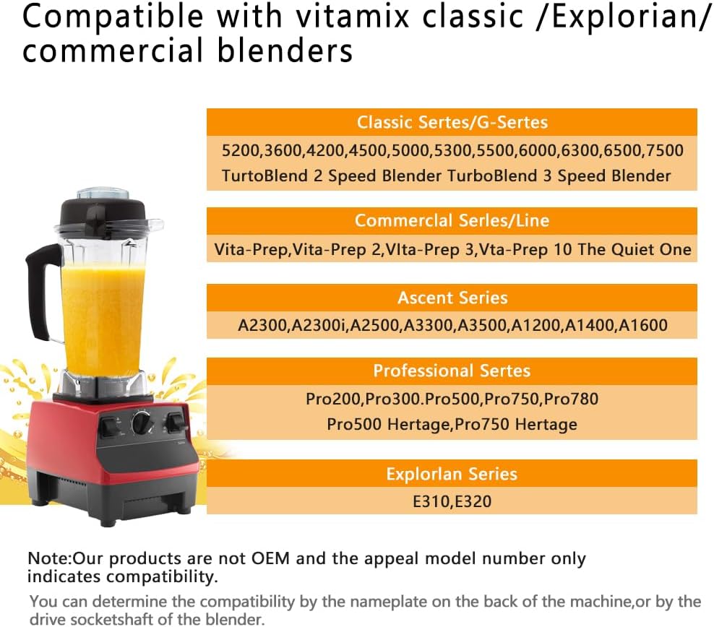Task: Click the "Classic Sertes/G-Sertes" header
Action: click(452, 122)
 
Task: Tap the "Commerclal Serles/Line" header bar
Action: click(452, 221)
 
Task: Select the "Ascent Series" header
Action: click(452, 298)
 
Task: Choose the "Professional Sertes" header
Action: click(452, 371)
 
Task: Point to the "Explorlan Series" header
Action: click(452, 474)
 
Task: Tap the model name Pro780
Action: click(571, 399)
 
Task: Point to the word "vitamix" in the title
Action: click(353, 17)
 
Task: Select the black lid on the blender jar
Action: click(104, 210)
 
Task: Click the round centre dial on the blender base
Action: click(142, 423)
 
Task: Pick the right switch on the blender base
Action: click(176, 423)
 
